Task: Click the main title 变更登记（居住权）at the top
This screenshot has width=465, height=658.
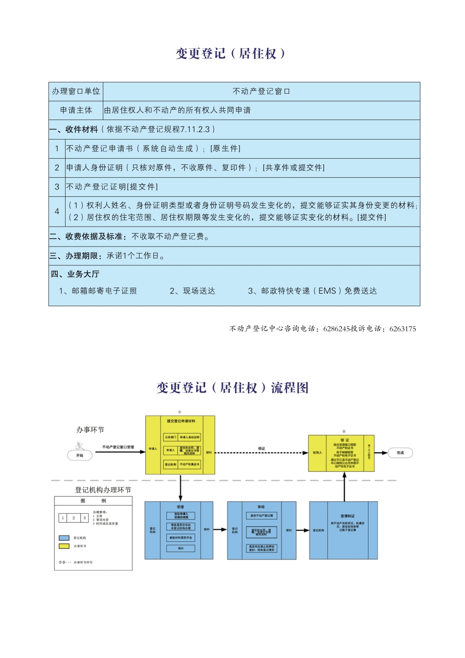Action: [231, 54]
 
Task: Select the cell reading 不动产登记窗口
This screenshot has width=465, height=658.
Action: [261, 92]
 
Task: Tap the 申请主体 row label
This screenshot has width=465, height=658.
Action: [76, 110]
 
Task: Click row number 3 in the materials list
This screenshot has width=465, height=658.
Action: [57, 187]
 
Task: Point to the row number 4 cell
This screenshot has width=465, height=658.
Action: [57, 211]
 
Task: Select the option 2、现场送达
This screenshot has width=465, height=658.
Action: [193, 291]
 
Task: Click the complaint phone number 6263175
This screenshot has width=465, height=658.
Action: [403, 329]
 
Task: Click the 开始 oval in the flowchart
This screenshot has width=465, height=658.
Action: [80, 456]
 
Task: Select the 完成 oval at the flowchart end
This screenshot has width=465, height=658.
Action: [400, 453]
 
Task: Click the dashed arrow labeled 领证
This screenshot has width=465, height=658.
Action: [261, 452]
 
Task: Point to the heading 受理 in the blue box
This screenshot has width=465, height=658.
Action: [180, 507]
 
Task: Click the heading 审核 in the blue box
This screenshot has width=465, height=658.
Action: [261, 507]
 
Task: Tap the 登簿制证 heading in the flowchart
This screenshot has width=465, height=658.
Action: [347, 516]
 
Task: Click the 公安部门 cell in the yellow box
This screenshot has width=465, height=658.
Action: [170, 437]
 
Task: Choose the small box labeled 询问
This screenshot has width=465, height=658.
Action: [180, 549]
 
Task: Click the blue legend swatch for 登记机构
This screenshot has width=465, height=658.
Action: [64, 538]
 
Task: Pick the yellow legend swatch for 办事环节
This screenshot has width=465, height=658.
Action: [64, 546]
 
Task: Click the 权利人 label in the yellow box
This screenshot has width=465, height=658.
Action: [317, 453]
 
